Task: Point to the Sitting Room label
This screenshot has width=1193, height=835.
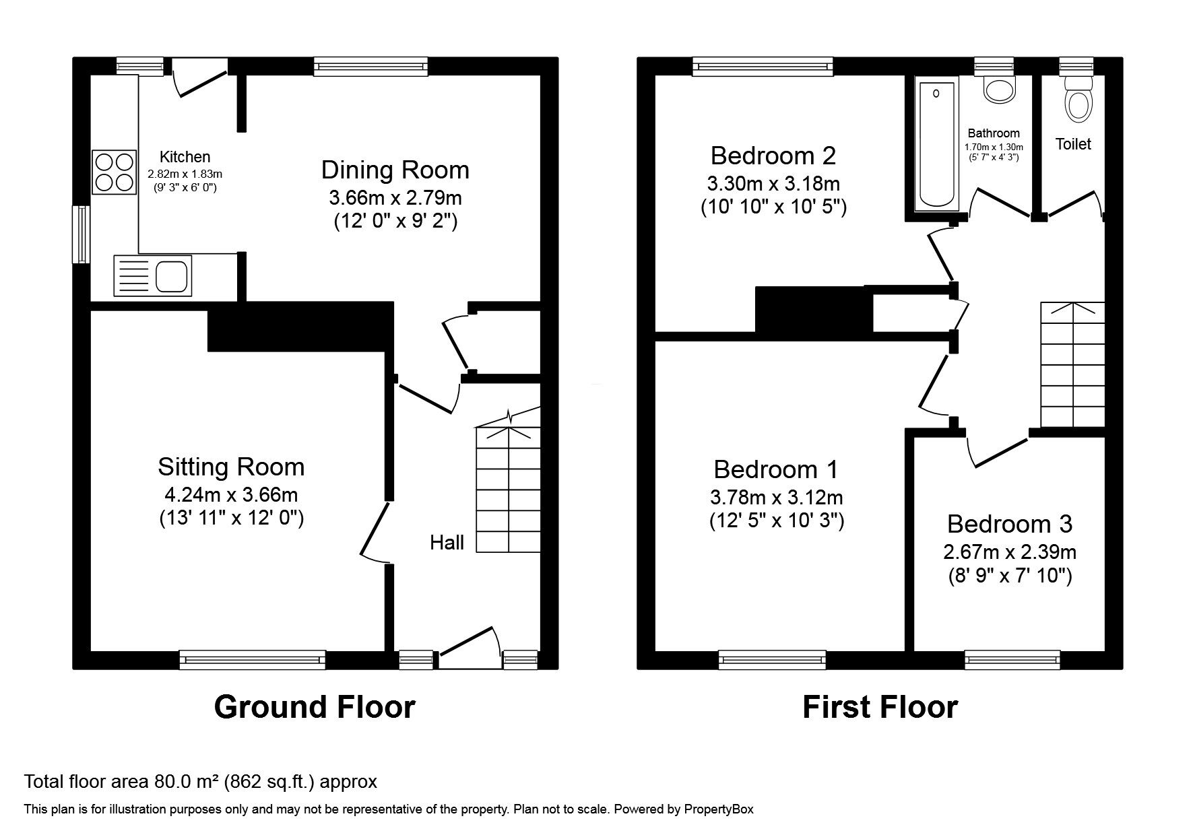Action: point(231,467)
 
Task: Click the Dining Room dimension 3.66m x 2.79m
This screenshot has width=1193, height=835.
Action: point(395,198)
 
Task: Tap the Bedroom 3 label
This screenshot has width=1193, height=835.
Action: point(1009,524)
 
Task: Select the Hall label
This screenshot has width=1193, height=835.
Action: point(447,542)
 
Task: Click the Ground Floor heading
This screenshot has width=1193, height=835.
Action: point(315,707)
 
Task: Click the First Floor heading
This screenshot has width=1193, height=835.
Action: point(880,707)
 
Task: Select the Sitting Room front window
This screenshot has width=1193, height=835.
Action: point(253,659)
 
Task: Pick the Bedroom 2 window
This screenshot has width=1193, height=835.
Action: point(763,66)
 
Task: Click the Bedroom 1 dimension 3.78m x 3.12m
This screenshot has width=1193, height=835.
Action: point(777,498)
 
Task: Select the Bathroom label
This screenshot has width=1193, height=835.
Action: point(994,133)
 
